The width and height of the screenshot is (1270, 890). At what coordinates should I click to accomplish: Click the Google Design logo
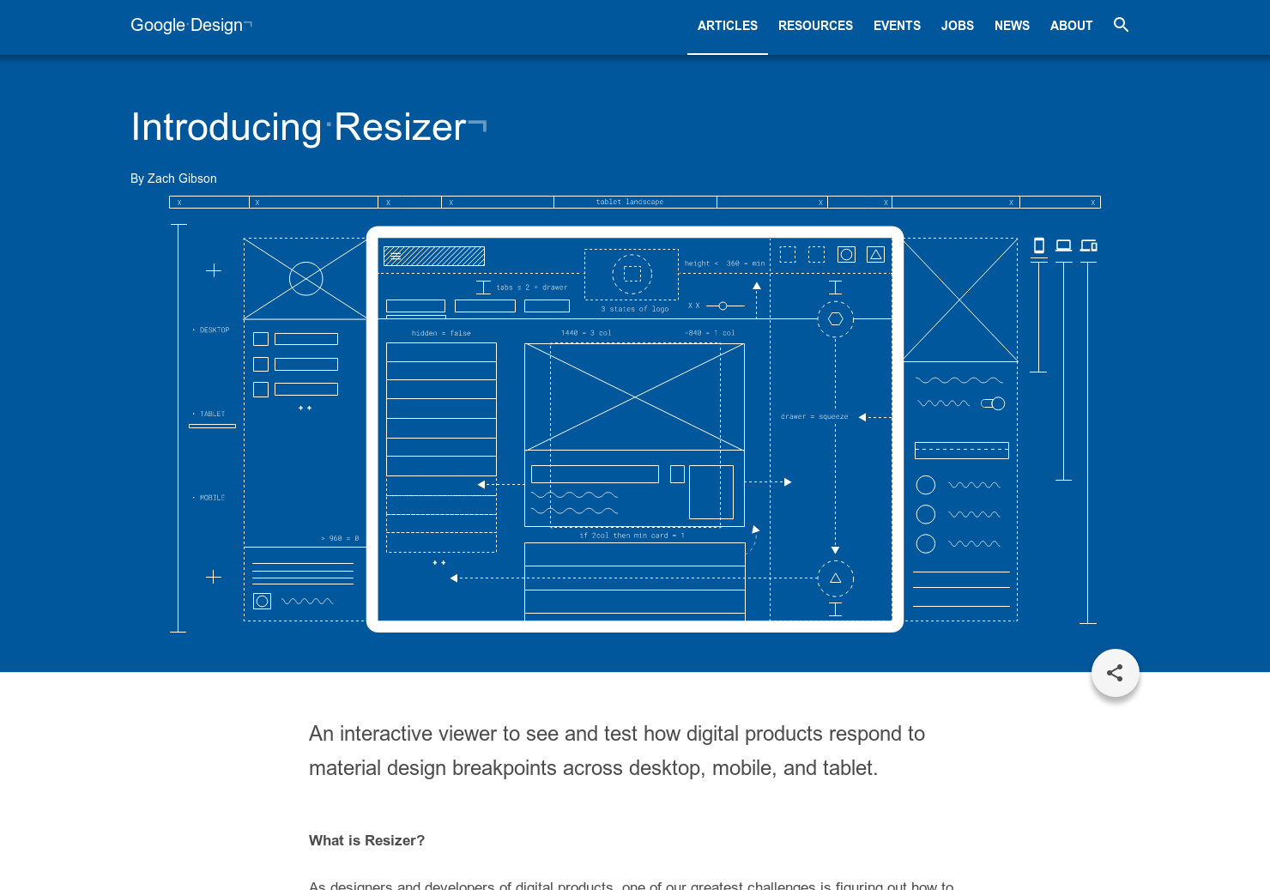coord(187,26)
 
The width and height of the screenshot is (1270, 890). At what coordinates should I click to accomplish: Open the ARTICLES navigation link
coord(727,26)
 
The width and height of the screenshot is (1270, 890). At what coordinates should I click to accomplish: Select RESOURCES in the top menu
coord(815,26)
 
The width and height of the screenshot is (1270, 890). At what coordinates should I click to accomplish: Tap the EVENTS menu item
coord(897,26)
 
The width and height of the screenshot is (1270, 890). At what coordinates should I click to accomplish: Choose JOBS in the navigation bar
coord(957,26)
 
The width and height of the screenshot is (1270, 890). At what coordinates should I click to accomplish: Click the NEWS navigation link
coord(1012,26)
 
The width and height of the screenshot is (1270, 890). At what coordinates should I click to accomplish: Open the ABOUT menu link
coord(1071,26)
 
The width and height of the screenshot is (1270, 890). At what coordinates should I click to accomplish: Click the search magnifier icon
coord(1121,25)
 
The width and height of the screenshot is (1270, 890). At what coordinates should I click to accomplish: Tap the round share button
coord(1115,673)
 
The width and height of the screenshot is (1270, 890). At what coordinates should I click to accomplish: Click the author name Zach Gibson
coord(182,179)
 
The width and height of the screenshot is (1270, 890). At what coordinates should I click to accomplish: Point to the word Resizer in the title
coord(400,127)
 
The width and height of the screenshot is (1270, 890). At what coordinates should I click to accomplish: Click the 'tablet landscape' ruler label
coord(630,203)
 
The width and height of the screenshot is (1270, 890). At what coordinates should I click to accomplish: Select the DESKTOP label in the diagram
coord(214,330)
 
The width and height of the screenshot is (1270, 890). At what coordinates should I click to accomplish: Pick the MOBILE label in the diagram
coord(212,498)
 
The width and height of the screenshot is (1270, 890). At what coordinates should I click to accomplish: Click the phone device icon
coord(1038,245)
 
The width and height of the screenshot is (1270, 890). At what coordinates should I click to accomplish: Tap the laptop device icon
coord(1063,245)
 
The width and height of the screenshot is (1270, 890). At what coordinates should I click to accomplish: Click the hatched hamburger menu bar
coord(434,256)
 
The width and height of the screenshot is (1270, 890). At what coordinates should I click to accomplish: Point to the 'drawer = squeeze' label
coord(813,417)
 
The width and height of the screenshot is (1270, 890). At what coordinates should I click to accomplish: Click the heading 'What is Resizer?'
coord(366,840)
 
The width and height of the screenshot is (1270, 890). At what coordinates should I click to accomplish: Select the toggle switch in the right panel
coord(993,403)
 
